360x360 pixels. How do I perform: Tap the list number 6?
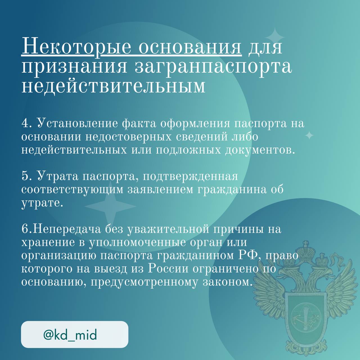[25, 229]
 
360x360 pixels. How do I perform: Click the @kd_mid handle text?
[70, 335]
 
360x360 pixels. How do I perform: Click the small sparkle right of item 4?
[309, 135]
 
